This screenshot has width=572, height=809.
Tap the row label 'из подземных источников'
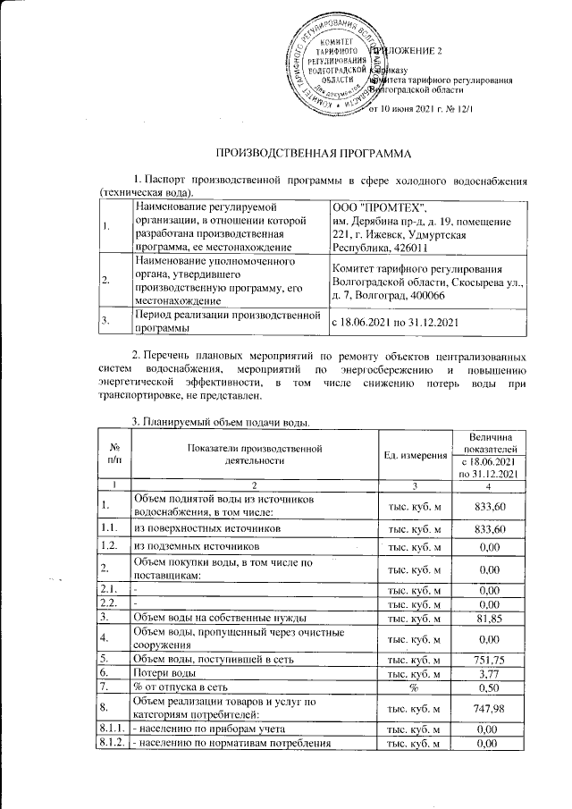point(189,544)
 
